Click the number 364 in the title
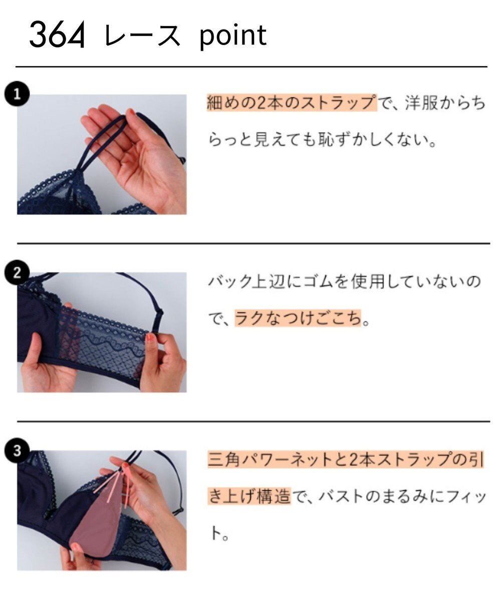pyautogui.click(x=57, y=35)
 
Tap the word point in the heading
pyautogui.click(x=232, y=36)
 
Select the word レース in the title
pyautogui.click(x=142, y=36)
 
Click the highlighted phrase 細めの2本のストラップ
pyautogui.click(x=291, y=103)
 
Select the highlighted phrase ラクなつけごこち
pyautogui.click(x=298, y=318)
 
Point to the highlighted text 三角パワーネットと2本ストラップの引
pyautogui.click(x=345, y=460)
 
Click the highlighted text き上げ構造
pyautogui.click(x=248, y=496)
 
